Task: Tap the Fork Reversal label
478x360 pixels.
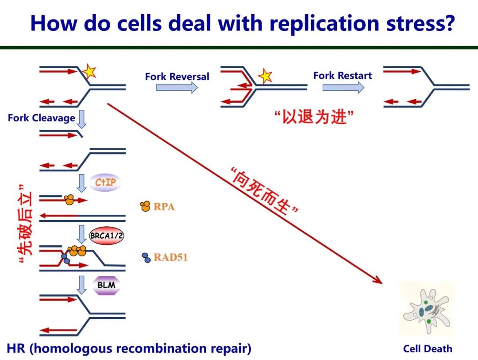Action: [x=177, y=77]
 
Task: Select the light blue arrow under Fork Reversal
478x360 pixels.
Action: [x=176, y=88]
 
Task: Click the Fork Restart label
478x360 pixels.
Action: [x=343, y=76]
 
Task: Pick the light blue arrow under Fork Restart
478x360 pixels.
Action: [x=343, y=87]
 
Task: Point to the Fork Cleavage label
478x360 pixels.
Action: [x=41, y=118]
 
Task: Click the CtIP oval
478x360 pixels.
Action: [x=105, y=182]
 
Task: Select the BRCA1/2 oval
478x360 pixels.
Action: [x=106, y=236]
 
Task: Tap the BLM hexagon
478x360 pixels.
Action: [x=106, y=285]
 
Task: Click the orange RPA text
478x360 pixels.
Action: [x=164, y=207]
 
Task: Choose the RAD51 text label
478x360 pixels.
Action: [x=170, y=257]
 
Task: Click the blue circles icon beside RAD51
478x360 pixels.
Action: [x=146, y=257]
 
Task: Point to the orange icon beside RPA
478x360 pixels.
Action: [x=145, y=206]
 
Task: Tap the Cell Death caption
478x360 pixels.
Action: [x=428, y=349]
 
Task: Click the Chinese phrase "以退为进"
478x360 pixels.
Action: [x=314, y=117]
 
